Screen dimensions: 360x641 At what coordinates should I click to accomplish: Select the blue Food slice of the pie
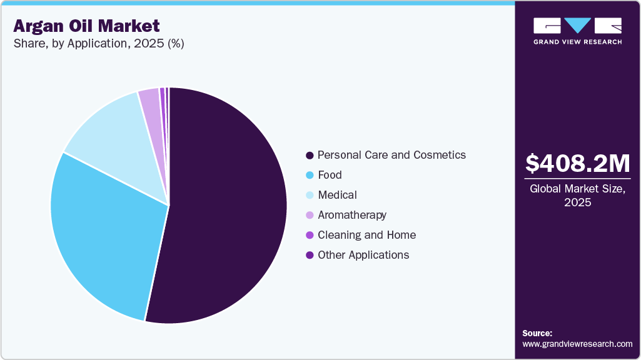[103, 231]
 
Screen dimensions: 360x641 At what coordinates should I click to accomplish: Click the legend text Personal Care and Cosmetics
[391, 155]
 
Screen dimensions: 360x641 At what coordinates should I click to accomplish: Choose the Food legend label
[330, 175]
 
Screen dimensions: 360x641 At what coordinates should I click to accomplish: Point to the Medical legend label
[337, 195]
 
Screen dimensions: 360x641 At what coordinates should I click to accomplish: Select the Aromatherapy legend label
[352, 215]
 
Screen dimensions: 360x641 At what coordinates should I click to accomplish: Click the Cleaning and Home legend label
[366, 235]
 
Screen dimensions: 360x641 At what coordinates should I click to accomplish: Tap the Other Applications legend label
[363, 255]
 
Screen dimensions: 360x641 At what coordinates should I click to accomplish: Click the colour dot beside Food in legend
[310, 175]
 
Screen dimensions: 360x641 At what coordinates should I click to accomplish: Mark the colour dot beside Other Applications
[310, 255]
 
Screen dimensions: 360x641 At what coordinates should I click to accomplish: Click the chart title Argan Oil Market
[86, 26]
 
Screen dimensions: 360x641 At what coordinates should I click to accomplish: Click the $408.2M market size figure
[577, 164]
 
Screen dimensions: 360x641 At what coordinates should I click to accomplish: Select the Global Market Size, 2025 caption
[577, 195]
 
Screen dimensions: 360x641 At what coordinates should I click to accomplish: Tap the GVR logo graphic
[577, 26]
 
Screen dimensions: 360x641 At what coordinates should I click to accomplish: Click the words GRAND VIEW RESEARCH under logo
[577, 42]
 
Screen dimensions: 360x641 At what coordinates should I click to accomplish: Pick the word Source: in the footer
[537, 333]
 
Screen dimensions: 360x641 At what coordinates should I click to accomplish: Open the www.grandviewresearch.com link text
[577, 344]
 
